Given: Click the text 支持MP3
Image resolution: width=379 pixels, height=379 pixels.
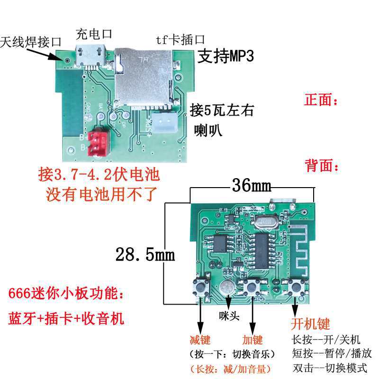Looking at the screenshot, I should pyautogui.click(x=226, y=57).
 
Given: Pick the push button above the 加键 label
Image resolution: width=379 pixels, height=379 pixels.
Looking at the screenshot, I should pyautogui.click(x=253, y=287).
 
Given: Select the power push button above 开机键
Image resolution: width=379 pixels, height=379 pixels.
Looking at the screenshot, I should pyautogui.click(x=297, y=287).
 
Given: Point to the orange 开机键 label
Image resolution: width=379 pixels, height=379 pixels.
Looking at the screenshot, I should pyautogui.click(x=310, y=324).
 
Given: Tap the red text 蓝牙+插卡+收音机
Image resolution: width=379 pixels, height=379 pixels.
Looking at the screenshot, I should pyautogui.click(x=66, y=318).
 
